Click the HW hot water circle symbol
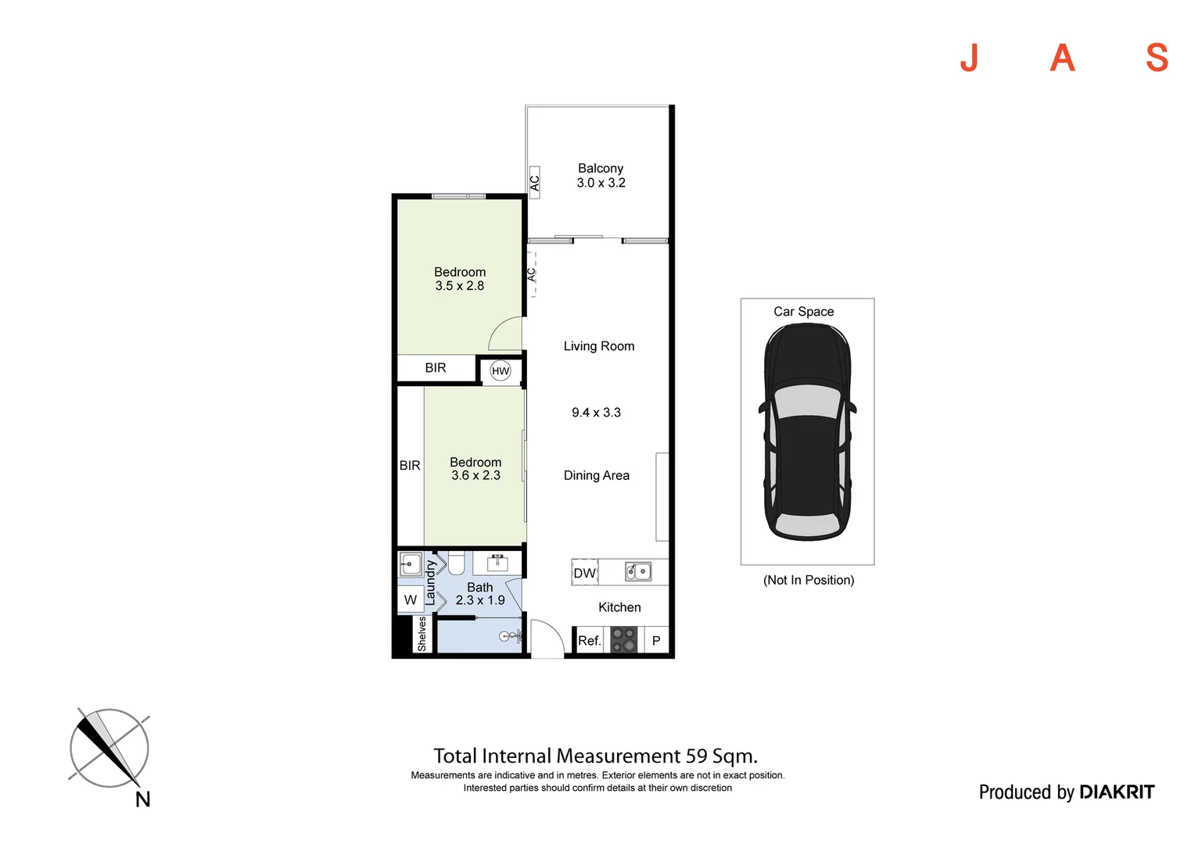(x=501, y=371)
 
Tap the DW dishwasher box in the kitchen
(x=584, y=573)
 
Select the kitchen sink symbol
(x=638, y=572)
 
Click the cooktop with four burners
(x=623, y=640)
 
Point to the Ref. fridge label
(x=589, y=641)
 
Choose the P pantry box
(x=656, y=641)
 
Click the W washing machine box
(x=411, y=600)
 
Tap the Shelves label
(x=422, y=634)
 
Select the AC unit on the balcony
(x=535, y=183)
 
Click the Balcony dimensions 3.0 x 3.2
(x=601, y=183)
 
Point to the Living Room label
(x=599, y=346)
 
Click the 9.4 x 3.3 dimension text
(x=596, y=413)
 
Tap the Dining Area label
(x=596, y=475)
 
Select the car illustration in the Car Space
(x=807, y=432)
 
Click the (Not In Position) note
(x=809, y=580)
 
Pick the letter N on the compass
(x=142, y=799)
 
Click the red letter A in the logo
(x=1062, y=58)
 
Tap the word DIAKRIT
(x=1116, y=792)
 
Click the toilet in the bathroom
(x=456, y=562)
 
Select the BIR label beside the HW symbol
(x=436, y=368)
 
